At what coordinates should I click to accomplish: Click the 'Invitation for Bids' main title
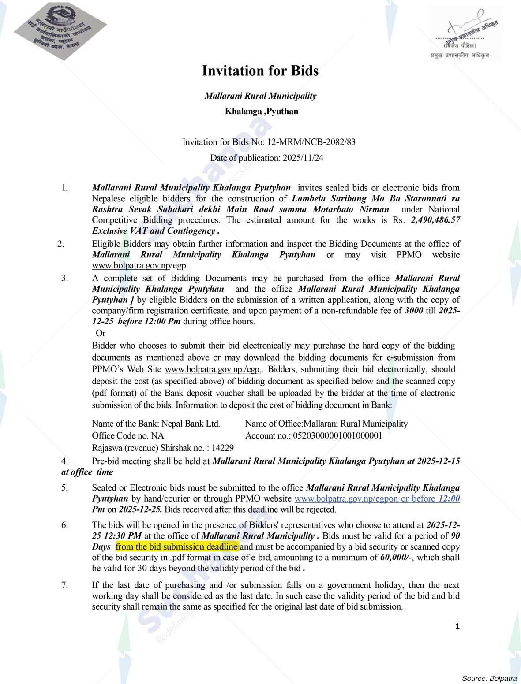point(260,71)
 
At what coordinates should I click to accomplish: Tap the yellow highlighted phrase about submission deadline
point(177,547)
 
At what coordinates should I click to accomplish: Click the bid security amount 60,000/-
point(396,558)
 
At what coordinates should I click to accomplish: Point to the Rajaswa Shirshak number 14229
point(223,448)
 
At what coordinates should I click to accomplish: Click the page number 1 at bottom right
point(457,626)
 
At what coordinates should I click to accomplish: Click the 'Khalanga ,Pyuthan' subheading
point(261,112)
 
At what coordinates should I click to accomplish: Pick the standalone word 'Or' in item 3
point(101,334)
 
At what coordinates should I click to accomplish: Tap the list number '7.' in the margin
point(64,585)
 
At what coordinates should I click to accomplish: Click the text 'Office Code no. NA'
point(128,436)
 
